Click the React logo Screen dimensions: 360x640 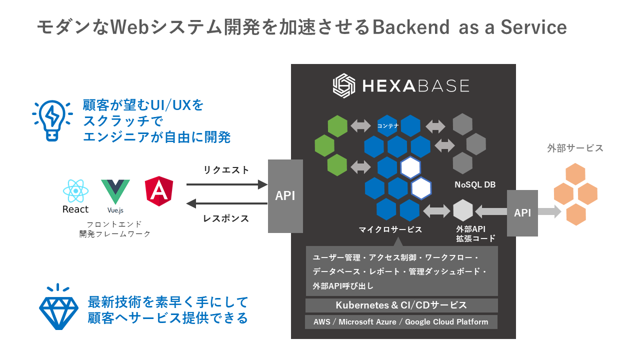coord(75,190)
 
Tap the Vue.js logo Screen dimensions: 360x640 coord(115,191)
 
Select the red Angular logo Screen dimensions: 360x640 coord(159,191)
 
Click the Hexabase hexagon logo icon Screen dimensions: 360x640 coord(344,85)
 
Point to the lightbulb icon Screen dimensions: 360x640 coord(52,120)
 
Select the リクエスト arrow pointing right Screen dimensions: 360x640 coord(227,184)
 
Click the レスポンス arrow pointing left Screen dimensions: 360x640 coord(227,203)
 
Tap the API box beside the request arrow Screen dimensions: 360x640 coord(285,196)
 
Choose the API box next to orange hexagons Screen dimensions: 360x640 coord(522,213)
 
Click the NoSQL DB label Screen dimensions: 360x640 coord(475,184)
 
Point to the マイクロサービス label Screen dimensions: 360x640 coord(390,229)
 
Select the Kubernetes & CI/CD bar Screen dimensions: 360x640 coord(401,305)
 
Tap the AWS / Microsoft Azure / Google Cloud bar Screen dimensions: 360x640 coord(401,321)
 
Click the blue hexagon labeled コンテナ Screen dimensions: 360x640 coord(388,125)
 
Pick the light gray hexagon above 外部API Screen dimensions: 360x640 coord(463,210)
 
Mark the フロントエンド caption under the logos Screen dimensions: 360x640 coord(114,223)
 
